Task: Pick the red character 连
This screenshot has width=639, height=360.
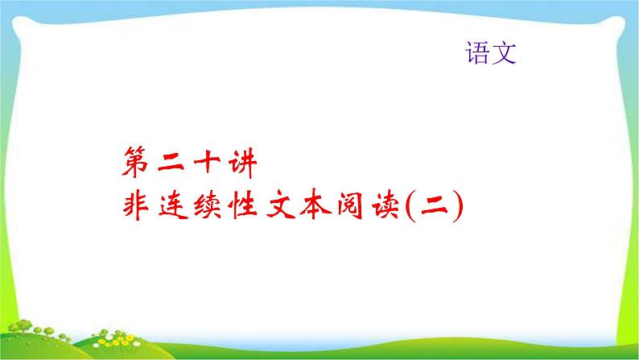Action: (x=169, y=208)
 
